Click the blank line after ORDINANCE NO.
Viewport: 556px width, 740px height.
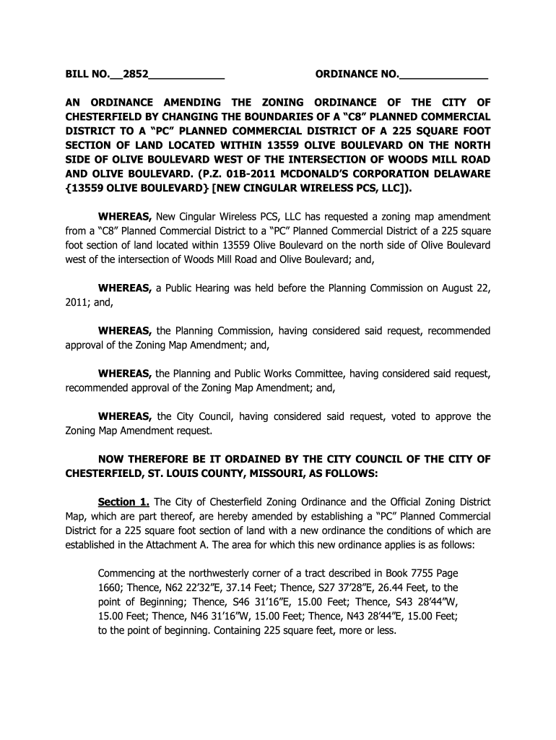pos(443,74)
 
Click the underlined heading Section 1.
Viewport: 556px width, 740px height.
pos(123,502)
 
